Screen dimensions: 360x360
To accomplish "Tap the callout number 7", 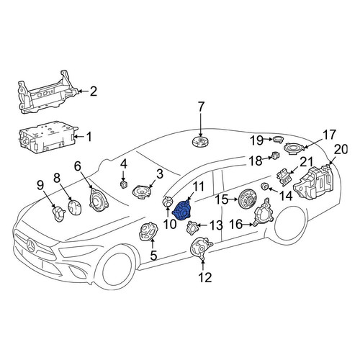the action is point(200,107).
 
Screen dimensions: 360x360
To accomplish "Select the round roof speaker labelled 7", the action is point(200,141).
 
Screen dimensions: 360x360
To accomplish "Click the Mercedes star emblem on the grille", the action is point(31,246).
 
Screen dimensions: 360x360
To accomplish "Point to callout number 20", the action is point(341,149).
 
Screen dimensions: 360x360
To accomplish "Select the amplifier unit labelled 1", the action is point(48,138).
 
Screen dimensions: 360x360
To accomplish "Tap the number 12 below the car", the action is point(205,277).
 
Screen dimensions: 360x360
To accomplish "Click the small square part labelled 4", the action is point(123,184).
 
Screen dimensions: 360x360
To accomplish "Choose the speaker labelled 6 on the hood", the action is point(99,200).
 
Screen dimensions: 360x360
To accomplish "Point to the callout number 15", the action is point(221,199).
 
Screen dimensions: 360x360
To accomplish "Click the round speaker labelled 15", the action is point(247,199).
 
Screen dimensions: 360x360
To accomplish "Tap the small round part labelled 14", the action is point(265,186).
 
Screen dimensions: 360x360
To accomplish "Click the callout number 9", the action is point(40,185).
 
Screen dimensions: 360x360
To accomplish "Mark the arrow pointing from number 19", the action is point(269,139).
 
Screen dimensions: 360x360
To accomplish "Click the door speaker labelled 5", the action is point(148,231).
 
